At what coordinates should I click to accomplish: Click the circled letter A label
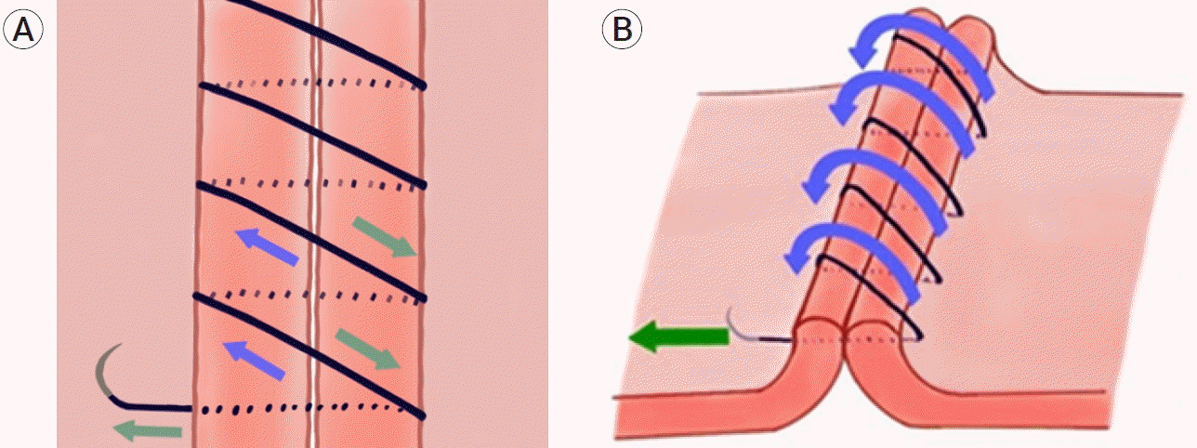[x=23, y=30]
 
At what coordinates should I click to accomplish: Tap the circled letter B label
[x=622, y=30]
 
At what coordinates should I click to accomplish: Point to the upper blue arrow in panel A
[x=268, y=247]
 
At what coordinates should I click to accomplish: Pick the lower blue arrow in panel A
[x=254, y=361]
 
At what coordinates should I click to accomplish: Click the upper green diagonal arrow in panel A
[x=385, y=237]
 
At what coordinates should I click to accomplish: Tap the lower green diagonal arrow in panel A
[x=368, y=349]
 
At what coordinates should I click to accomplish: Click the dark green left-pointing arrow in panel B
[x=678, y=336]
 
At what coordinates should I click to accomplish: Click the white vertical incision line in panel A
[x=315, y=224]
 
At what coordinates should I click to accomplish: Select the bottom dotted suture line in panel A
[x=305, y=409]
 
